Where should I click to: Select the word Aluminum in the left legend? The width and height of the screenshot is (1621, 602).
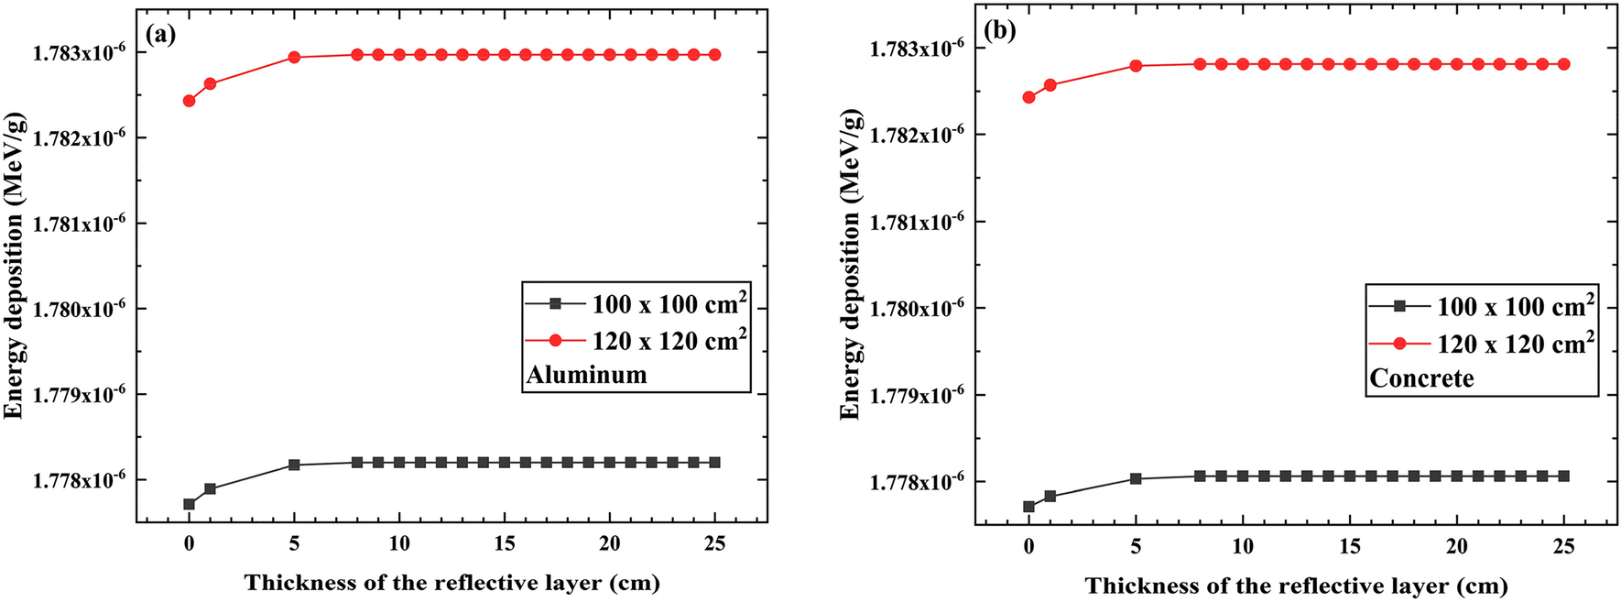tap(586, 375)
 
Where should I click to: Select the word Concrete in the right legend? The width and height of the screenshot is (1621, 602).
tap(1421, 378)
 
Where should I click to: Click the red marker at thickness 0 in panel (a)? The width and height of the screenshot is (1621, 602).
tap(190, 101)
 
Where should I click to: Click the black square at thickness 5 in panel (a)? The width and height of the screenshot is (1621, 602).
tap(294, 465)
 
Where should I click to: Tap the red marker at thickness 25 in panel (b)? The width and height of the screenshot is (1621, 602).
tap(1564, 64)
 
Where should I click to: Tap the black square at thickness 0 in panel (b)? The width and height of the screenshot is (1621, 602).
tap(1028, 507)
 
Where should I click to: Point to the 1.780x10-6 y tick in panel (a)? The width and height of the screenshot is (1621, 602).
tap(79, 309)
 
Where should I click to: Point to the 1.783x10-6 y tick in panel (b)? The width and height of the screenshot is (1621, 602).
tap(917, 48)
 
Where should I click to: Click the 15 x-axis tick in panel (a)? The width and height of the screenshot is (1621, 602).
tap(505, 543)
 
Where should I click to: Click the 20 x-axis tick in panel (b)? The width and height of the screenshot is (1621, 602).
tap(1457, 546)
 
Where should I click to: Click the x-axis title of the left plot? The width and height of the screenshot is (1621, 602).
tap(451, 583)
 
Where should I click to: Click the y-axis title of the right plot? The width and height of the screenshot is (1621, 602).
tap(851, 264)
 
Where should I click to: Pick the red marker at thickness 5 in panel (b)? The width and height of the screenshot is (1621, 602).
tap(1136, 66)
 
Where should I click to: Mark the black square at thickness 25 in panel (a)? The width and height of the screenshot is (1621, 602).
tap(714, 463)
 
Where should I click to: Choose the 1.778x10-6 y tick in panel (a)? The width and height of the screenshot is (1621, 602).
tap(79, 480)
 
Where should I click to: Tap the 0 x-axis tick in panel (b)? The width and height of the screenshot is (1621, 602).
tap(1028, 546)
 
